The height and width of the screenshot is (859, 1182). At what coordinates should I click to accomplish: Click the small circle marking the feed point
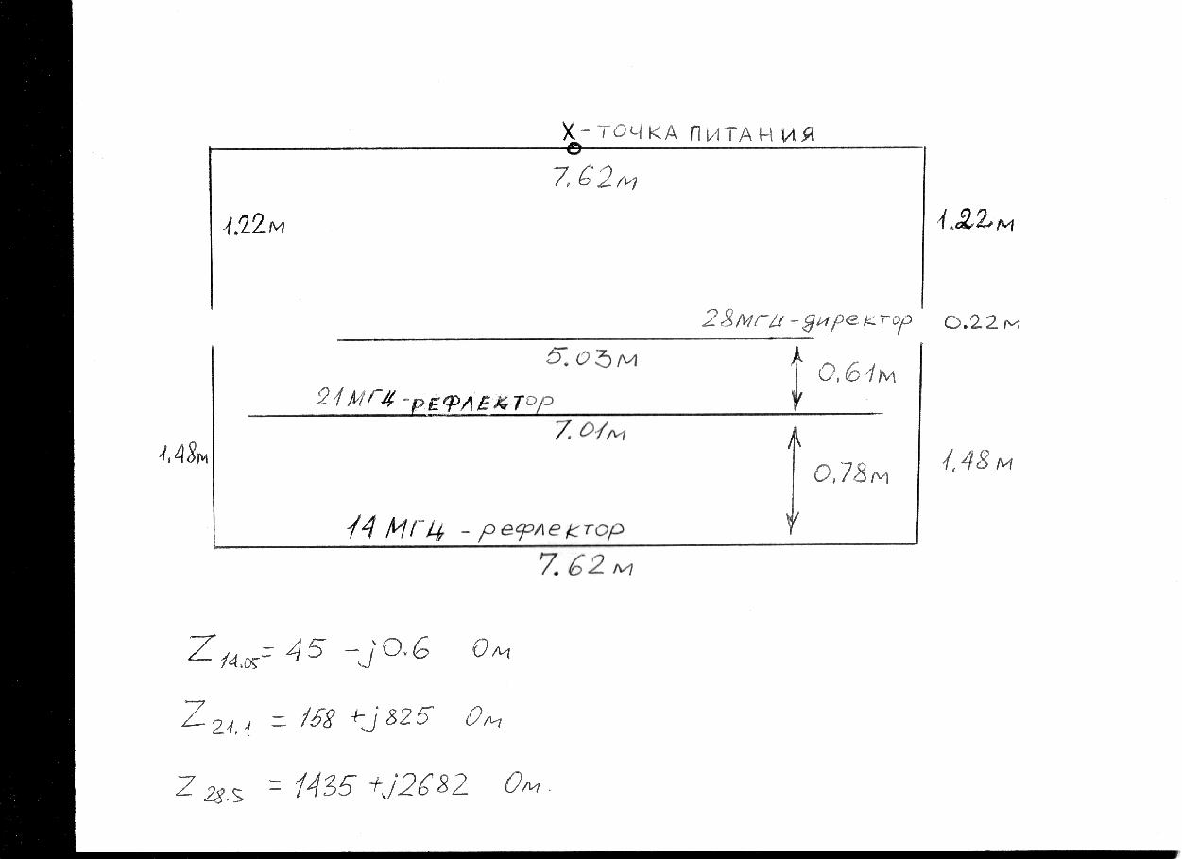(x=574, y=148)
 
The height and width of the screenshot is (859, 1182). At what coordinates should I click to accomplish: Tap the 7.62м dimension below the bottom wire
(x=586, y=565)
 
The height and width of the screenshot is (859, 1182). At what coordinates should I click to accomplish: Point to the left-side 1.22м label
(x=254, y=226)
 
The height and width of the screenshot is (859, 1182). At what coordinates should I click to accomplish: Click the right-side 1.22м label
(x=975, y=221)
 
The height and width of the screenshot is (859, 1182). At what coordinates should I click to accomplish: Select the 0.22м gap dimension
(x=982, y=322)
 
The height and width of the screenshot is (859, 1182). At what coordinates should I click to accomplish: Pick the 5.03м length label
(x=591, y=357)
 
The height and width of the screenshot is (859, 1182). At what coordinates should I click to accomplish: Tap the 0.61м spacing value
(x=857, y=373)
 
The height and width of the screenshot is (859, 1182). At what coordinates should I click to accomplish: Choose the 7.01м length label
(x=590, y=431)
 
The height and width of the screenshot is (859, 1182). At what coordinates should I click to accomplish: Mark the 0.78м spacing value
(x=851, y=473)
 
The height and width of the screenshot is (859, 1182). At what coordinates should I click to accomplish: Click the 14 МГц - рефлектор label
(x=486, y=529)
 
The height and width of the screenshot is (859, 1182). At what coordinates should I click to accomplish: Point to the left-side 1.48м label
(x=183, y=455)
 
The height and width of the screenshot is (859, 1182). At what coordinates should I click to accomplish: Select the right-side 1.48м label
(x=977, y=461)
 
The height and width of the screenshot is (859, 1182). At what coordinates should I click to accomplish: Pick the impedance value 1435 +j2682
(x=381, y=785)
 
